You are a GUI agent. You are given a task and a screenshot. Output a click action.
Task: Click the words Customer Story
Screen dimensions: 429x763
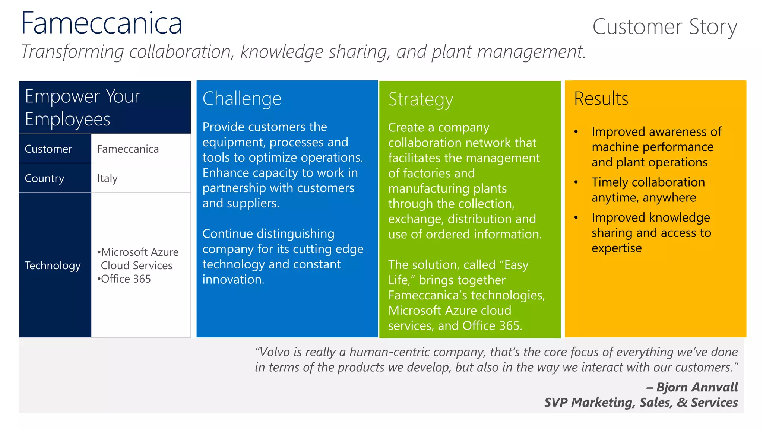[665, 27]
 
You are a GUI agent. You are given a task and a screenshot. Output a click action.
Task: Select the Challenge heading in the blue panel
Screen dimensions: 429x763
[242, 99]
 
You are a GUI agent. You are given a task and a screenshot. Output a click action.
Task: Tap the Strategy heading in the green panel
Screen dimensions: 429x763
[421, 99]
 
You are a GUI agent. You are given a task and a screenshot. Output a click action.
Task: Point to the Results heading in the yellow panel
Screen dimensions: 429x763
[601, 99]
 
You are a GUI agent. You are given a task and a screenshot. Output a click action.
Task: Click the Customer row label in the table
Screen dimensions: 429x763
[48, 149]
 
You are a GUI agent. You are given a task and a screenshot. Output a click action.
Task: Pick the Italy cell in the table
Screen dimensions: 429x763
[107, 178]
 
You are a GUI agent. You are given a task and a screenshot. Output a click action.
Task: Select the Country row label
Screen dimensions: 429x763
[44, 178]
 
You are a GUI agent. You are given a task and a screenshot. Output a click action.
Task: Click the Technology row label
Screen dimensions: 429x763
[53, 266]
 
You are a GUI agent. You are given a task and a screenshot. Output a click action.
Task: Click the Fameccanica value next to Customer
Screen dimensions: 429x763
[128, 149]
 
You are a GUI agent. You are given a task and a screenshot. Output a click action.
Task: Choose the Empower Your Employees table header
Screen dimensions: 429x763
[83, 107]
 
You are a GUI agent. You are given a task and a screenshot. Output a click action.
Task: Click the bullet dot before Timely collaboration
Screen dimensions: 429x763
[576, 182]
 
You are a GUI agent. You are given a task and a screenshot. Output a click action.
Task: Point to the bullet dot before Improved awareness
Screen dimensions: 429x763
[576, 132]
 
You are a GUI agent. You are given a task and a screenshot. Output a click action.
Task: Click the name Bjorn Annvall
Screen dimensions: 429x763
[697, 387]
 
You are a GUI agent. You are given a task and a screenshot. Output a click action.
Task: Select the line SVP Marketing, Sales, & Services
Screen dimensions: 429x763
[641, 403]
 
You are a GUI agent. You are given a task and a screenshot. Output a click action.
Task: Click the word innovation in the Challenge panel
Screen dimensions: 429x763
[233, 280]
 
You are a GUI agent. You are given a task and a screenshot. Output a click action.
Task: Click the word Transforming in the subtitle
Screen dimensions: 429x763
[72, 52]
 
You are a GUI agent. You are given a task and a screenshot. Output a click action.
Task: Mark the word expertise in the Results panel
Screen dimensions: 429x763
[617, 248]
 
